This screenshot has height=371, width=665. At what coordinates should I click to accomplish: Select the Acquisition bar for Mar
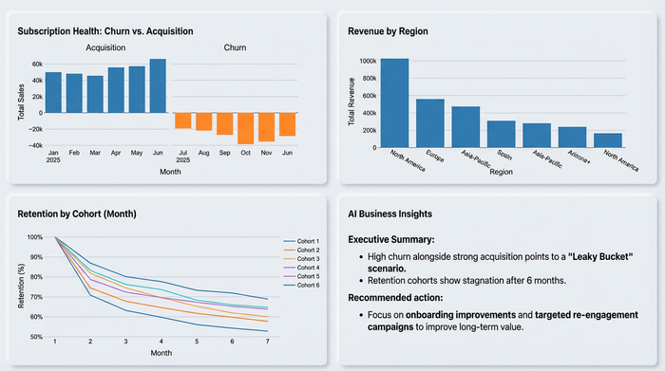coord(95,94)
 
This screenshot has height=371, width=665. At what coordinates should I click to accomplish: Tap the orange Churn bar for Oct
coord(245,128)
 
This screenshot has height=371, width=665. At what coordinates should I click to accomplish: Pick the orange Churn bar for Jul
coord(182,121)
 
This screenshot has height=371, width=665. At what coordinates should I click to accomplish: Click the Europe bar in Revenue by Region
coord(429,123)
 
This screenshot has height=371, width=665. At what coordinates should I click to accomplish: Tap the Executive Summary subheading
coord(389,241)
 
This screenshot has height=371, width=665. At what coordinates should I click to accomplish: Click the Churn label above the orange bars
coord(235,46)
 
